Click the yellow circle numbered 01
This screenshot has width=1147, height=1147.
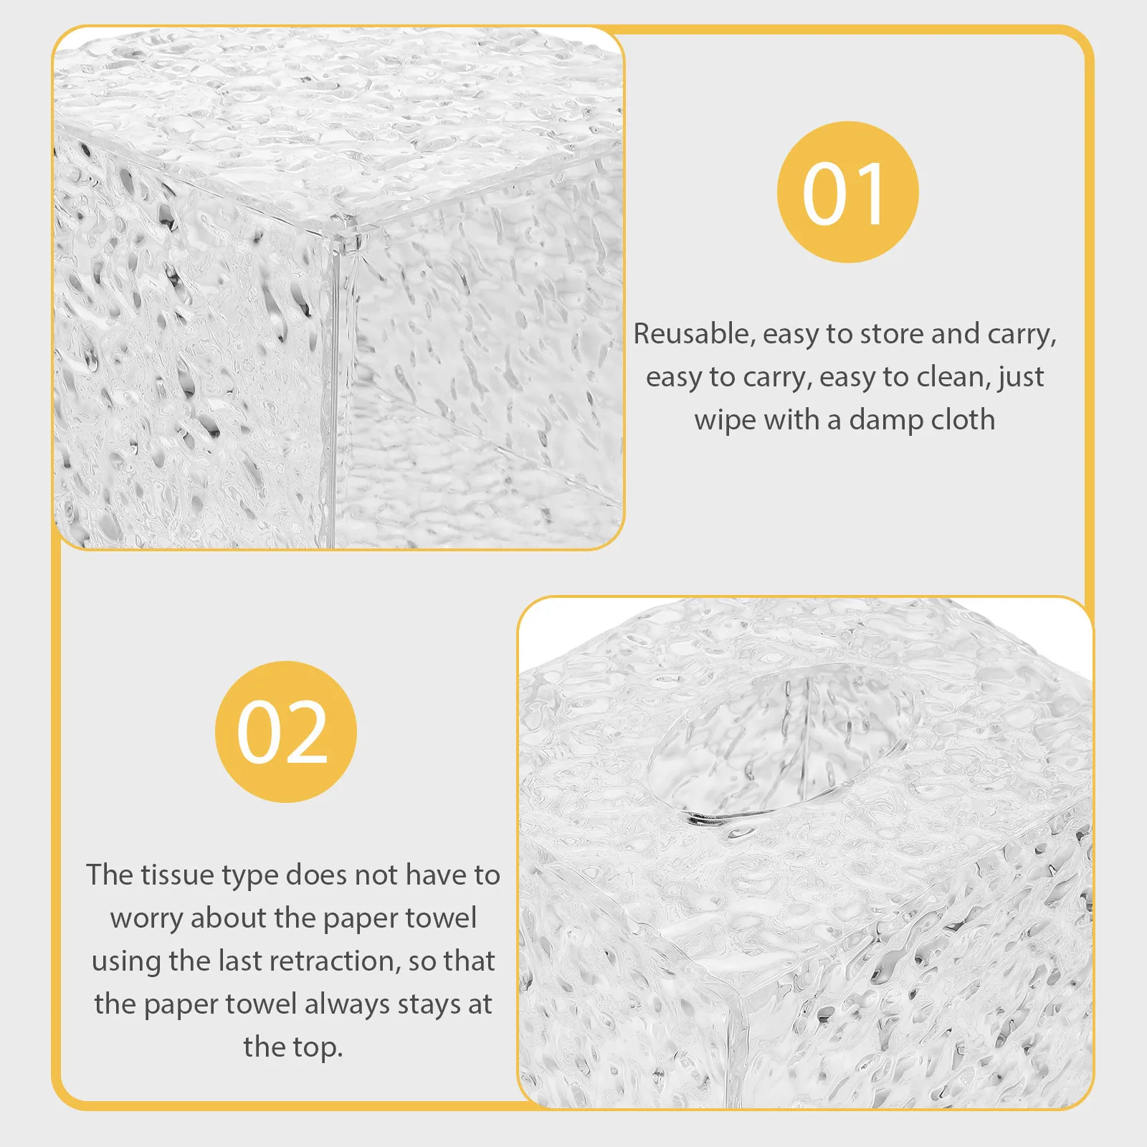[x=847, y=192]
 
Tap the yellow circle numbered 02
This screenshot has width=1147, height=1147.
[x=285, y=731]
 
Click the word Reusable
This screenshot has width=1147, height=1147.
[x=690, y=334]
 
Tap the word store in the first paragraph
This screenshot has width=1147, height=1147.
[x=893, y=334]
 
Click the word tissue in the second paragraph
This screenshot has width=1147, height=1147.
[x=176, y=875]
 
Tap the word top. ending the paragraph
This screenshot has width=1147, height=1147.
[x=316, y=1048]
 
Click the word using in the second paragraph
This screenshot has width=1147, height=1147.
[x=126, y=962]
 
